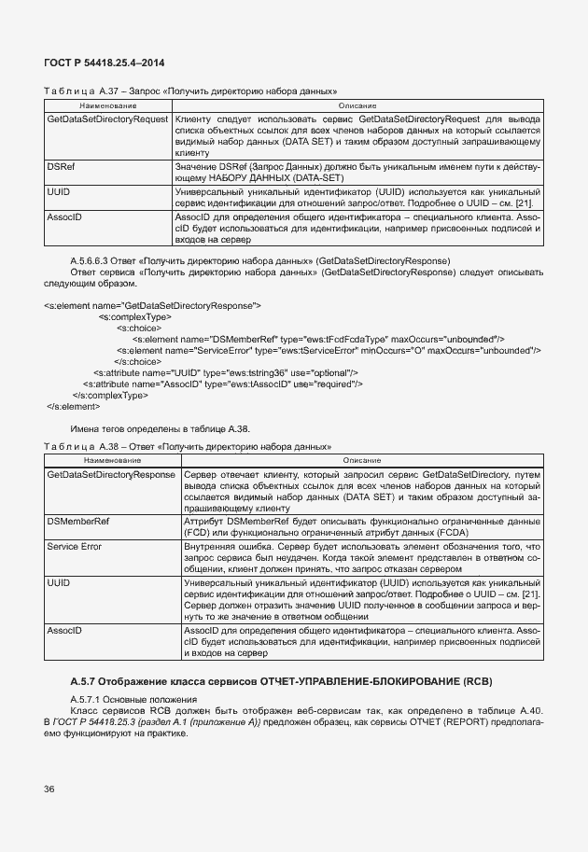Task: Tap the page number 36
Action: (49, 789)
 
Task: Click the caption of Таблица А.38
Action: (188, 446)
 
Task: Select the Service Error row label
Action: (74, 546)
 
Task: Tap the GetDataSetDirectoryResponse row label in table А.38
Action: (110, 475)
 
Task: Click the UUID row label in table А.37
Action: (58, 191)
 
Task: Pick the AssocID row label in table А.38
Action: (64, 630)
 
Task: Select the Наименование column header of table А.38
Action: (112, 461)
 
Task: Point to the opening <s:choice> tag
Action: (137, 328)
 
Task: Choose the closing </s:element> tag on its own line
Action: (72, 406)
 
